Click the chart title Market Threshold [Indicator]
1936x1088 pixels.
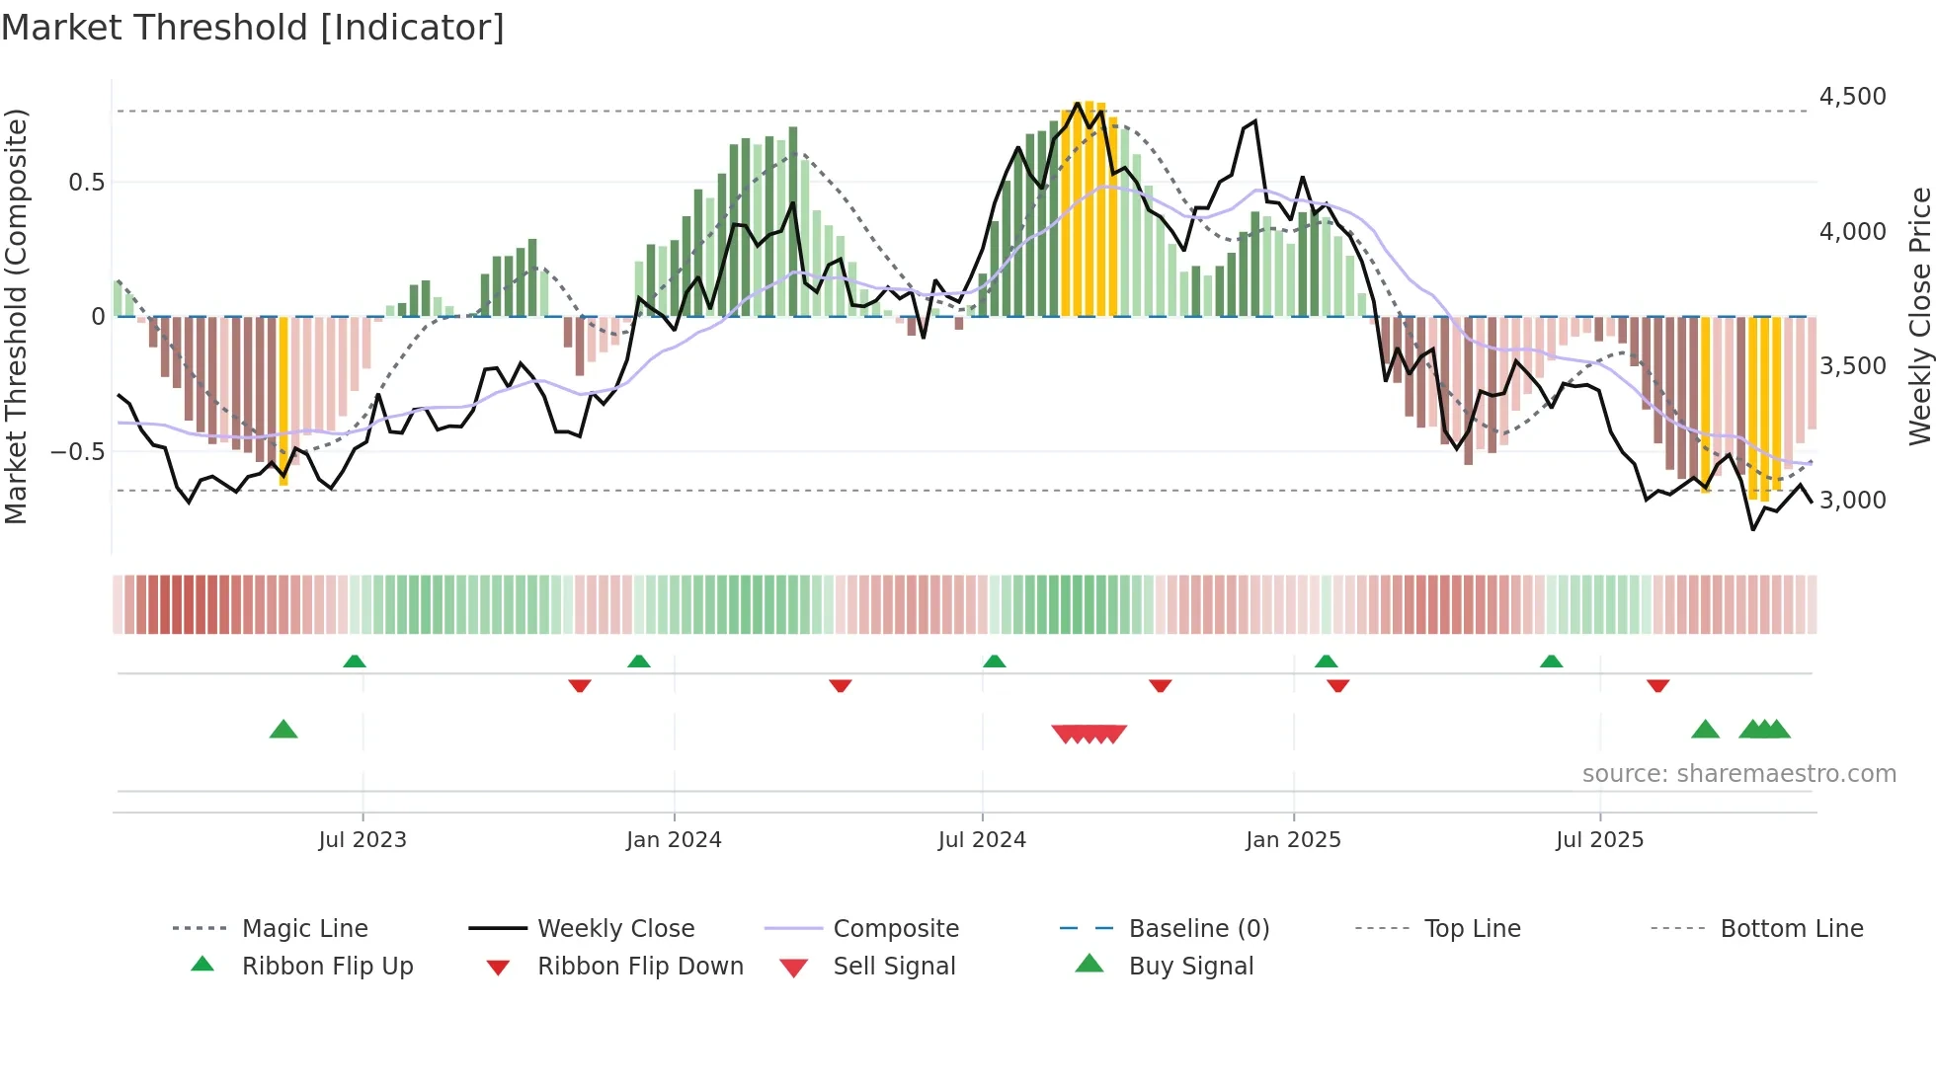pos(253,28)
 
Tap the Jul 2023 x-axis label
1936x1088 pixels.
pos(363,840)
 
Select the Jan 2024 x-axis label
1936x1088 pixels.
pos(674,840)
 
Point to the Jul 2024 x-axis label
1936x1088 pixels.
pos(982,840)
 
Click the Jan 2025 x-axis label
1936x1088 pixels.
pos(1293,840)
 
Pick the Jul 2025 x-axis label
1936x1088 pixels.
pos(1599,840)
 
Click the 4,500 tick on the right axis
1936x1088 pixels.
pos(1852,97)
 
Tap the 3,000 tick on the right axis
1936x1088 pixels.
pos(1852,501)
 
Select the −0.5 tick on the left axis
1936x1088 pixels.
pos(78,452)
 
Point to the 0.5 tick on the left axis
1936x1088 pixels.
pos(86,183)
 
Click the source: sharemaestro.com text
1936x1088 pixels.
pos(1738,774)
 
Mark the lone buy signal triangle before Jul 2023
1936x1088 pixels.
pos(283,730)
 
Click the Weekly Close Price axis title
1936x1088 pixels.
pos(1919,316)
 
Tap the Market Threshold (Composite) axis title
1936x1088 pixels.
pos(16,316)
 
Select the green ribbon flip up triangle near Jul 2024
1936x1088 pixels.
pos(995,661)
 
